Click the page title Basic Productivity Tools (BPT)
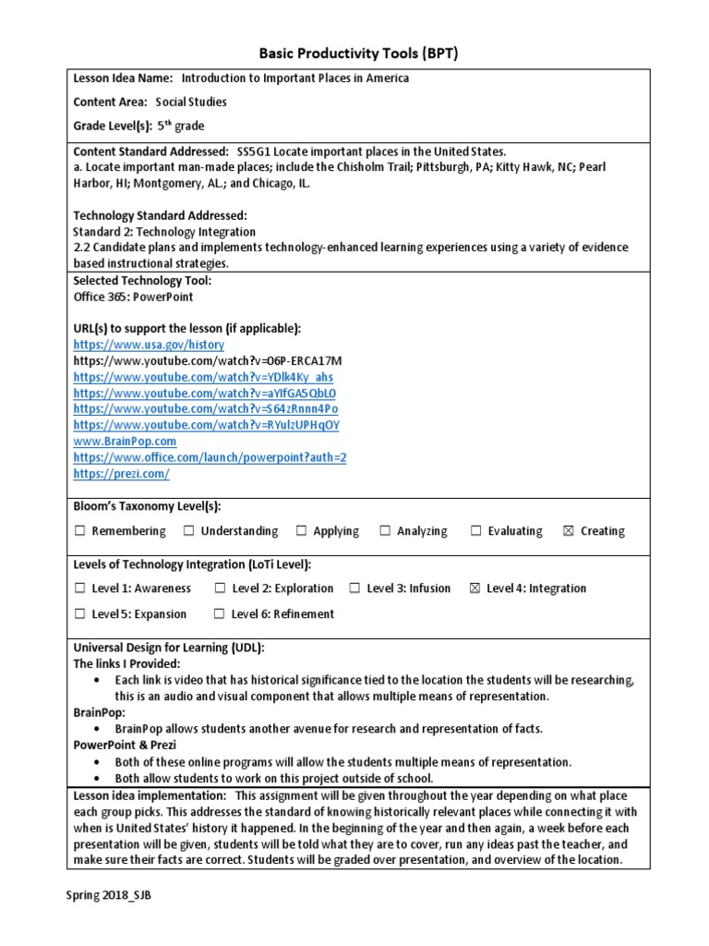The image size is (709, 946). (354, 54)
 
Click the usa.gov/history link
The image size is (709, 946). (135, 344)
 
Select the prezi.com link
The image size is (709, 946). (121, 473)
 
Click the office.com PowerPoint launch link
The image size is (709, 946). (210, 457)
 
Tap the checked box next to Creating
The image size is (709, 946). (568, 531)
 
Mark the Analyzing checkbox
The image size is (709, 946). (384, 531)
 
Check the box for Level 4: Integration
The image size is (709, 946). (475, 588)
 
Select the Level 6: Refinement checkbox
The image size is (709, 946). (219, 614)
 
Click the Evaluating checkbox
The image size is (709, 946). (476, 531)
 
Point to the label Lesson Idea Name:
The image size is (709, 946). (123, 79)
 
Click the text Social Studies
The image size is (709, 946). (190, 103)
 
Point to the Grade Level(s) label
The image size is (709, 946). (111, 127)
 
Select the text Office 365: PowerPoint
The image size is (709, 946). (133, 297)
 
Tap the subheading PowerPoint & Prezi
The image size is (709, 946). (125, 745)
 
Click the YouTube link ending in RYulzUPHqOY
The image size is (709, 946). (206, 425)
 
